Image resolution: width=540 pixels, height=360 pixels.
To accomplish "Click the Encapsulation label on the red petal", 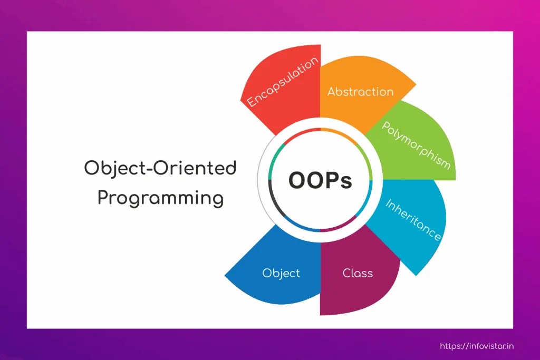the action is (283, 82).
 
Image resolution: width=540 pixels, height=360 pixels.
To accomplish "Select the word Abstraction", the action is (360, 92).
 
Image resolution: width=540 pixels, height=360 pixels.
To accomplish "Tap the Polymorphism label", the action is (416, 145).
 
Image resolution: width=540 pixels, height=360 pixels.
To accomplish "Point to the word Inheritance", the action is (413, 220).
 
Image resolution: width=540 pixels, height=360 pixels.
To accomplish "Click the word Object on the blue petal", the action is (281, 273).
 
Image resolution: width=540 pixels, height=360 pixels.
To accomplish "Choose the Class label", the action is (358, 273).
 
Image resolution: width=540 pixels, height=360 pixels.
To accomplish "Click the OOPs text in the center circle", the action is (320, 180).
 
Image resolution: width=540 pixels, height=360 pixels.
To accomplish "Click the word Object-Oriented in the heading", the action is (160, 169).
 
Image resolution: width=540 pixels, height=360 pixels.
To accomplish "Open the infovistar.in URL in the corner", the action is (477, 346).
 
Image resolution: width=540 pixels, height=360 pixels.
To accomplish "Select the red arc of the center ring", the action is (301, 133).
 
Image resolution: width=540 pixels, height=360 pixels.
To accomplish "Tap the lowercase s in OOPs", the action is (347, 182).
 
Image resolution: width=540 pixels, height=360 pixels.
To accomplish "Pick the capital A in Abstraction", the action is (332, 92).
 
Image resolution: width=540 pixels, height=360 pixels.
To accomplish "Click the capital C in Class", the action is (347, 273).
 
